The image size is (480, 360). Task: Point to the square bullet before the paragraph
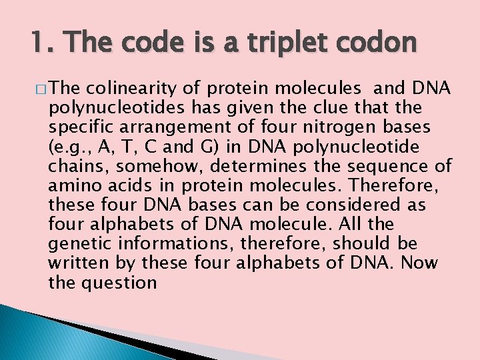[x=42, y=88]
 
